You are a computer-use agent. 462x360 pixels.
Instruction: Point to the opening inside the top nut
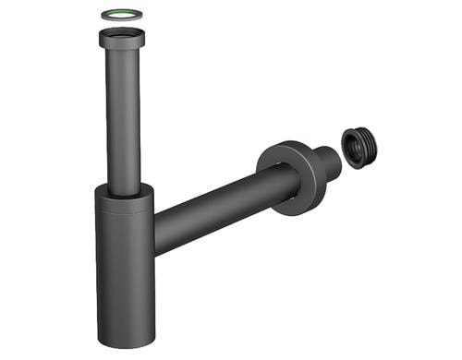[x=123, y=34]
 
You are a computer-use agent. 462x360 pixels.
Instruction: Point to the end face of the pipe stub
[x=333, y=158]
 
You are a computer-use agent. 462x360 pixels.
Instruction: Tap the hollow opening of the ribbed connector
[x=355, y=147]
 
